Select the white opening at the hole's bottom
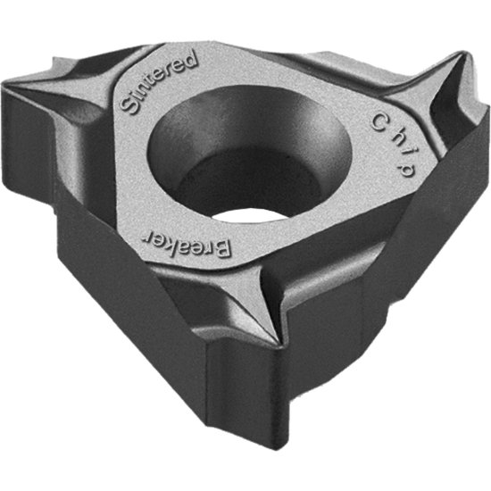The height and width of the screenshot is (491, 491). click(x=250, y=215)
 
